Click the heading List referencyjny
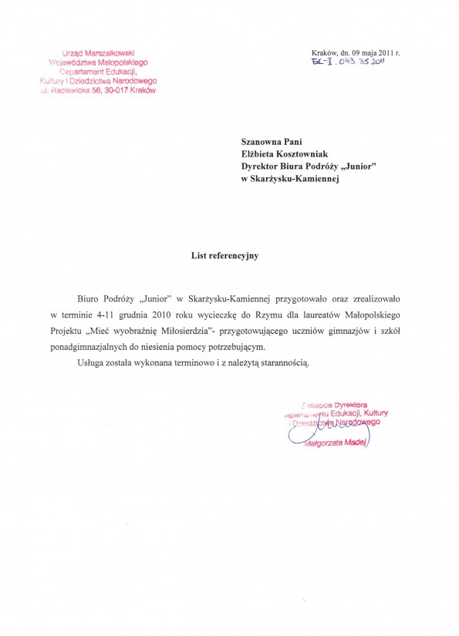click(x=224, y=257)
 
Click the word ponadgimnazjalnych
click(x=96, y=348)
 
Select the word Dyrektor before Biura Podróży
click(x=263, y=167)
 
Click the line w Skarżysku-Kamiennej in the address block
click(x=289, y=179)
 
